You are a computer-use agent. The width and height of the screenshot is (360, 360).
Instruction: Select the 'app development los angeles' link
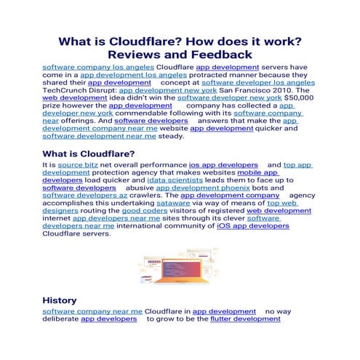pos(133,75)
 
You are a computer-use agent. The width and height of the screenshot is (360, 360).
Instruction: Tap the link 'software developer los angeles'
pos(263,83)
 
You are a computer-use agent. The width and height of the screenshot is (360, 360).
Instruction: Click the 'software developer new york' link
pos(229,97)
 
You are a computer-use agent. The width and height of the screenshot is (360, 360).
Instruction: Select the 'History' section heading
pos(59,300)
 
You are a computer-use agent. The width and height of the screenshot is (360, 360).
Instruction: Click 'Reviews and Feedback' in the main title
pos(180,55)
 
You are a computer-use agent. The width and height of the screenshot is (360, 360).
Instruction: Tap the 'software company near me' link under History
pos(92,311)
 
